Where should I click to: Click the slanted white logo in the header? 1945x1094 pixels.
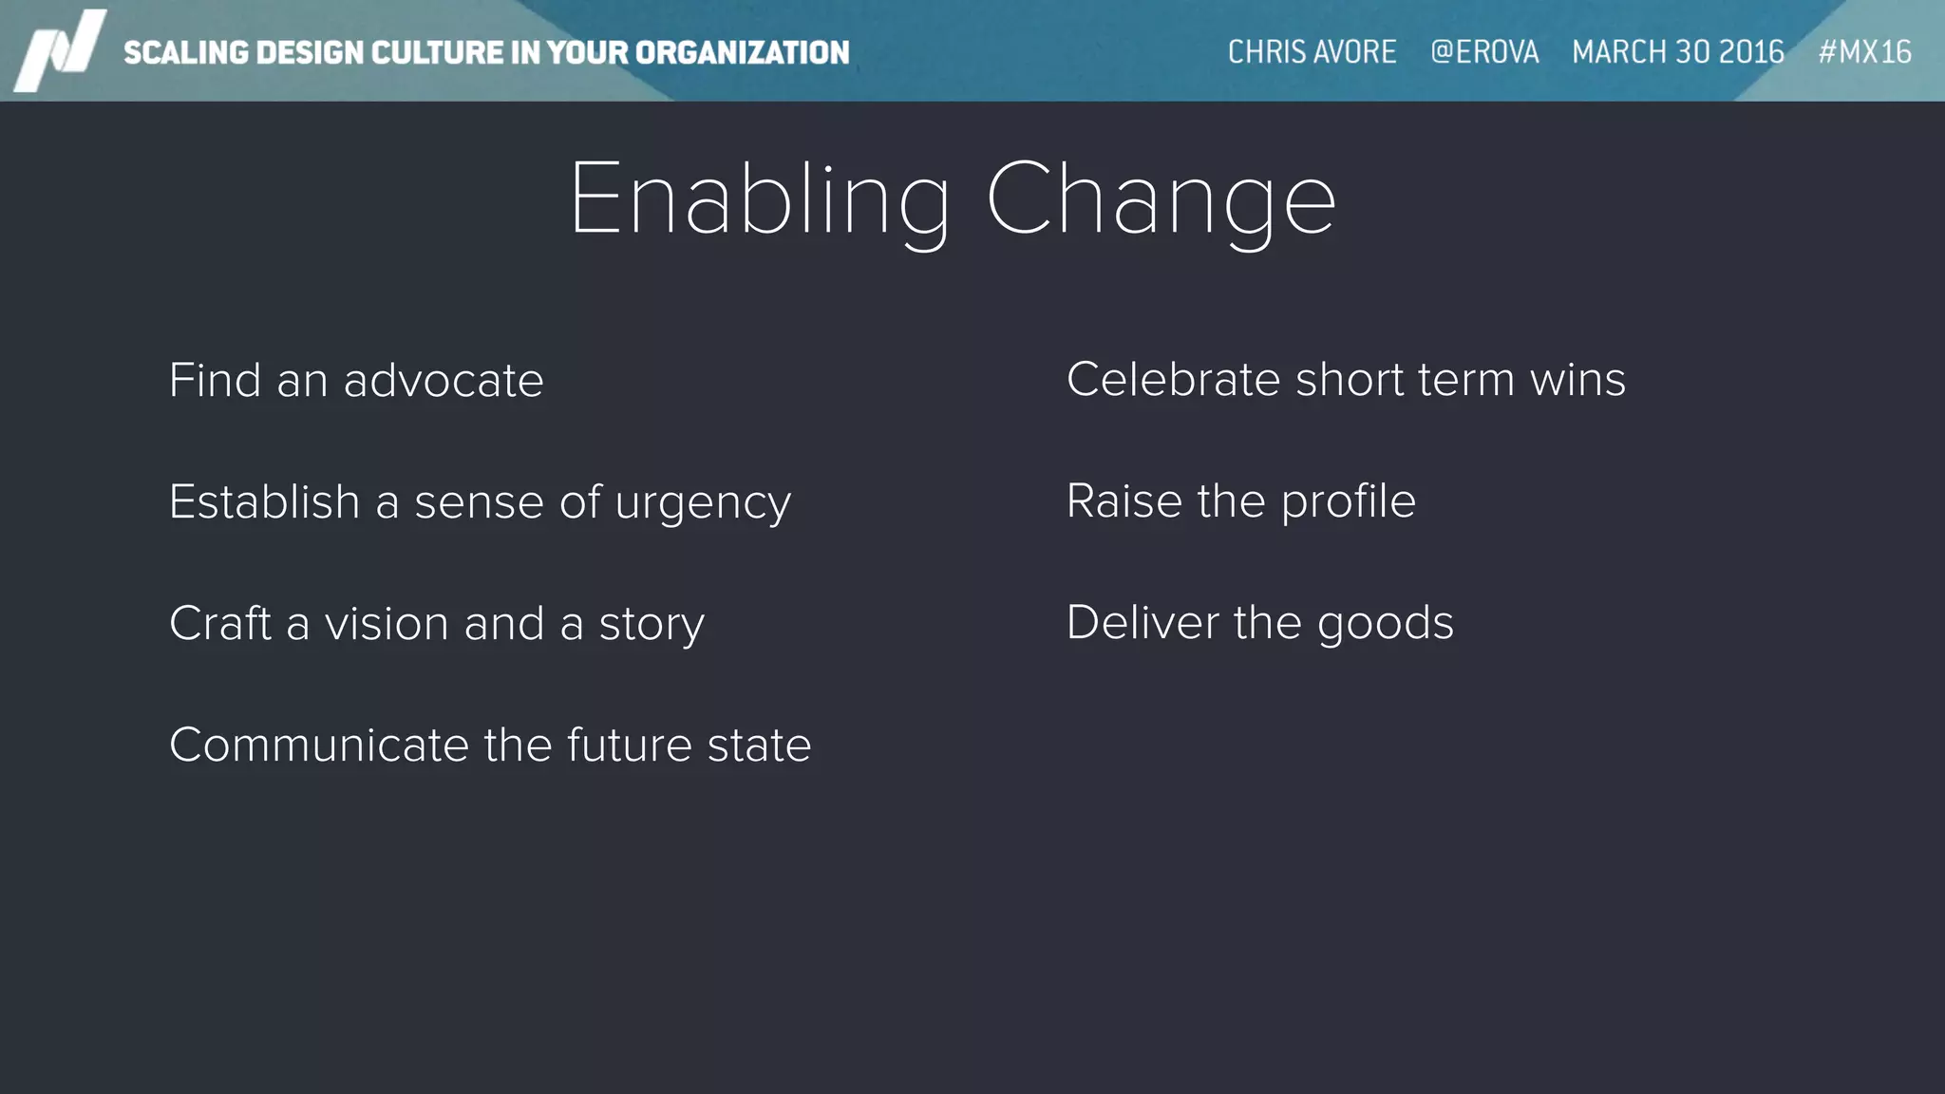click(x=61, y=50)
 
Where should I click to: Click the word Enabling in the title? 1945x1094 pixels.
click(x=760, y=200)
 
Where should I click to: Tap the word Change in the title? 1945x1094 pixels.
click(x=1161, y=200)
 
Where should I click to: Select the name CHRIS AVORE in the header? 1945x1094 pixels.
click(x=1312, y=51)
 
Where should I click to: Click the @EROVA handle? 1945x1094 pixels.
click(x=1484, y=51)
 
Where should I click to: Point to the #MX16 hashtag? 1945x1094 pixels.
click(x=1864, y=51)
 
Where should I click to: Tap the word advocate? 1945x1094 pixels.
click(x=444, y=381)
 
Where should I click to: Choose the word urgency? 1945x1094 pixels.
click(x=703, y=503)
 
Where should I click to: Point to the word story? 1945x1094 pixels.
click(x=651, y=626)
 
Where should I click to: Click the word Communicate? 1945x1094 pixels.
click(x=319, y=745)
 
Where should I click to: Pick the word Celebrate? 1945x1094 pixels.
click(x=1174, y=380)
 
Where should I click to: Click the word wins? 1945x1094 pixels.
click(x=1577, y=380)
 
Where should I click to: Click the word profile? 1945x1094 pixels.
click(x=1348, y=502)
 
